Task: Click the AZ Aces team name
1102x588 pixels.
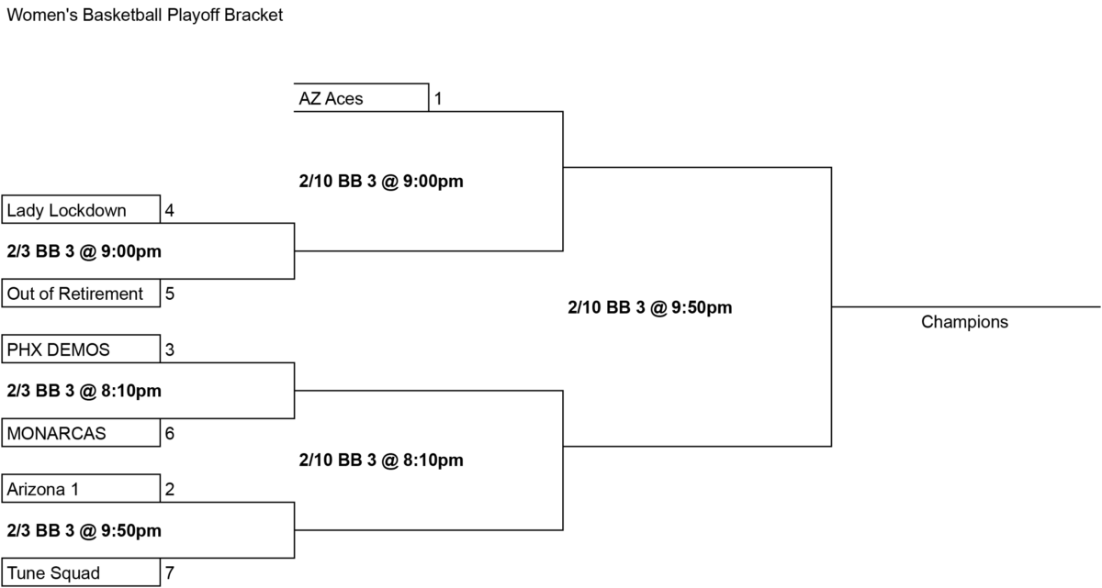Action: pyautogui.click(x=331, y=99)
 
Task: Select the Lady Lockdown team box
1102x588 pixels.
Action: pyautogui.click(x=81, y=209)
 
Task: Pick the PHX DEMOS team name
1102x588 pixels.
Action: pyautogui.click(x=58, y=349)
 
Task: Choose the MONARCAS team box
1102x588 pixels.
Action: pyautogui.click(x=81, y=433)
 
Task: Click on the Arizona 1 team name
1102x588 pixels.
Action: pyautogui.click(x=43, y=489)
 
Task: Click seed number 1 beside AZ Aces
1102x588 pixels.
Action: pyautogui.click(x=438, y=99)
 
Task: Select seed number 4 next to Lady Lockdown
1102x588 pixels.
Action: pyautogui.click(x=169, y=210)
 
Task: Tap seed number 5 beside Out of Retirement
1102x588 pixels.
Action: pyautogui.click(x=169, y=294)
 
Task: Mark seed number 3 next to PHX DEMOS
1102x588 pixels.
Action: pyautogui.click(x=169, y=349)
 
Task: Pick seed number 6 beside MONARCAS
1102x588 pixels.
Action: pyautogui.click(x=169, y=433)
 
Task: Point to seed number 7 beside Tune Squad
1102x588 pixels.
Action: pyautogui.click(x=169, y=572)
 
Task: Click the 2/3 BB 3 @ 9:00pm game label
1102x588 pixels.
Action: pyautogui.click(x=84, y=251)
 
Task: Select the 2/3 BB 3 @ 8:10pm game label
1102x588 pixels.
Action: pyautogui.click(x=84, y=391)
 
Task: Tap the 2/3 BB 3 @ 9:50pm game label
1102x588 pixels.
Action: pyautogui.click(x=84, y=530)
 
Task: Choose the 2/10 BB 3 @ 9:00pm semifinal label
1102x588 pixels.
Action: pyautogui.click(x=381, y=182)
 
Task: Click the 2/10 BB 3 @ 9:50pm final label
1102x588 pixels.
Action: pyautogui.click(x=650, y=307)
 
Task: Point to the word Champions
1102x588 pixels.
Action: pyautogui.click(x=964, y=322)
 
